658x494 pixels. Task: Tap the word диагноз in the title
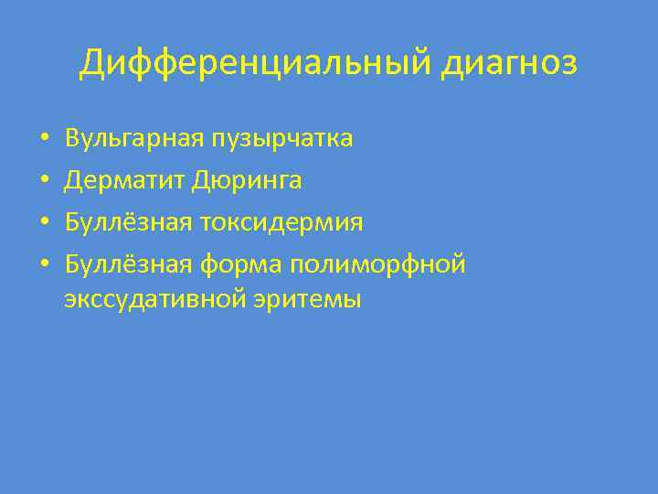[x=511, y=65]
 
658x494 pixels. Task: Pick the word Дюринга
[x=247, y=181]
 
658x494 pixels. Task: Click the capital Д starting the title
[x=92, y=65]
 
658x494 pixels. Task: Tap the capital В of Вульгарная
[x=72, y=139]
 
